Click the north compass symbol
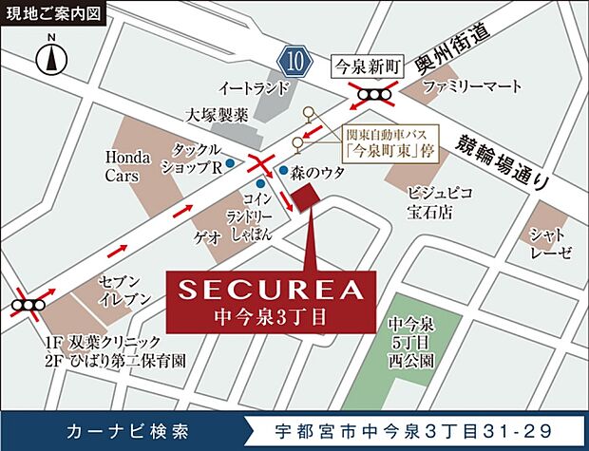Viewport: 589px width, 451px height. pos(50,58)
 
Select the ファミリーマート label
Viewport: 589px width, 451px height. pos(472,87)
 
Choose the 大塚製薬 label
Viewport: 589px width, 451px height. pos(217,115)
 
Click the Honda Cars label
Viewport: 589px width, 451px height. pos(122,165)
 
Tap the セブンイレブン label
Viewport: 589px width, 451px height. pos(125,290)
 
